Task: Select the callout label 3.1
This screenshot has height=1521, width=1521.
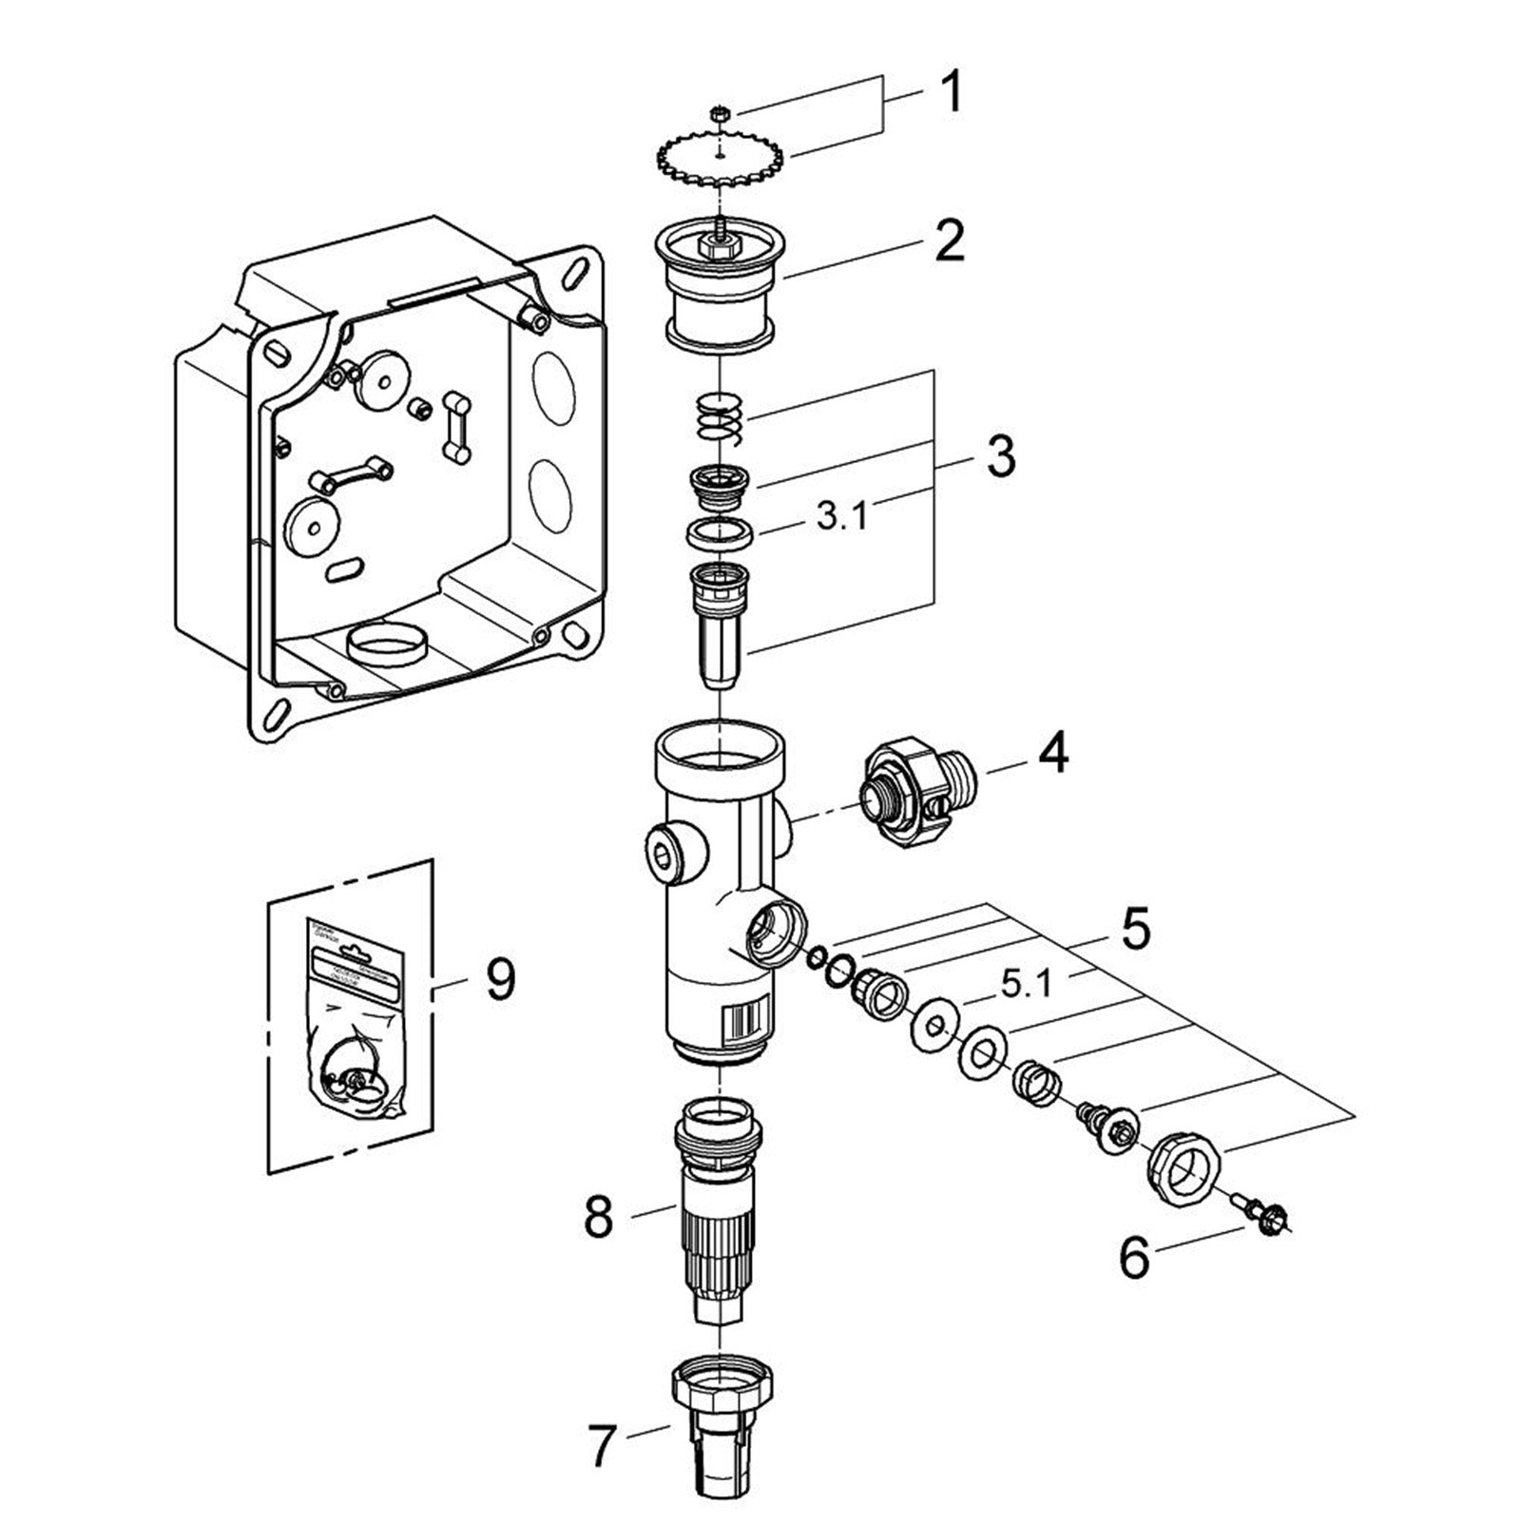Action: click(841, 519)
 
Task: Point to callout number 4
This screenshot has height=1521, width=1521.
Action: click(1052, 753)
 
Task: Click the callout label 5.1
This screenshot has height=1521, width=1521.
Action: click(1026, 986)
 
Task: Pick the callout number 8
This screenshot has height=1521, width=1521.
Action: click(598, 1218)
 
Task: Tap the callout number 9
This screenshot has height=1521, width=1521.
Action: click(501, 979)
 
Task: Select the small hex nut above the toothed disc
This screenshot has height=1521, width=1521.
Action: click(720, 114)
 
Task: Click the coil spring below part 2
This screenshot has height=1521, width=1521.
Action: click(722, 418)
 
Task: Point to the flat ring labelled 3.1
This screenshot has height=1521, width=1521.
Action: click(721, 532)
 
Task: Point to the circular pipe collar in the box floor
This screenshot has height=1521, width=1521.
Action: click(386, 645)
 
